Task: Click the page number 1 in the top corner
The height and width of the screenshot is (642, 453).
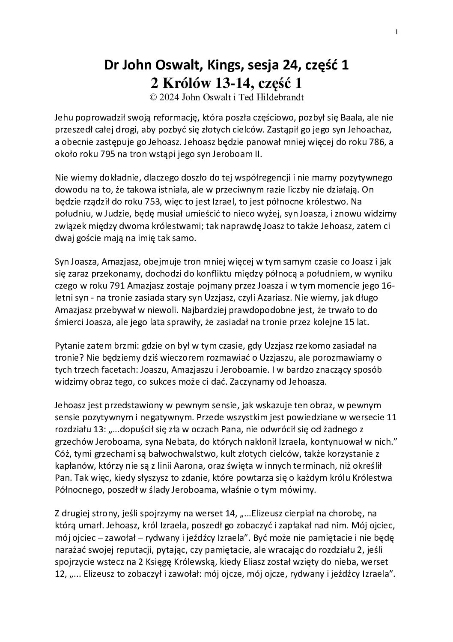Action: click(x=397, y=32)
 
